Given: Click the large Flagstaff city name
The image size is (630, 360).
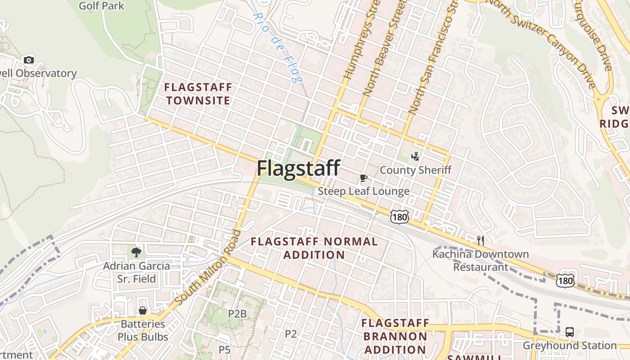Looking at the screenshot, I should pyautogui.click(x=298, y=168).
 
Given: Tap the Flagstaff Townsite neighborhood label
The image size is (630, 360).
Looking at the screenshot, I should pyautogui.click(x=198, y=94).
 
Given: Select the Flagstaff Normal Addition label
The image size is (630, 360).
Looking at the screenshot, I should pyautogui.click(x=314, y=248).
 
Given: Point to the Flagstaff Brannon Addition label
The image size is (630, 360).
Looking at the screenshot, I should pyautogui.click(x=395, y=336).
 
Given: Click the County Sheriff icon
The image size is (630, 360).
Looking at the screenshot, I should pyautogui.click(x=415, y=157).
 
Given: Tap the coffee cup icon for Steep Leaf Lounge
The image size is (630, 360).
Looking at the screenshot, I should pyautogui.click(x=363, y=178).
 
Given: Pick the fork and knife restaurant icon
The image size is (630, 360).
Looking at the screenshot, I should pyautogui.click(x=481, y=241).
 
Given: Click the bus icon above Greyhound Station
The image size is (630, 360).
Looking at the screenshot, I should pyautogui.click(x=569, y=332).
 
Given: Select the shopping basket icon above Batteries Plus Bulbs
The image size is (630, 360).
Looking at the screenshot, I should pyautogui.click(x=143, y=310).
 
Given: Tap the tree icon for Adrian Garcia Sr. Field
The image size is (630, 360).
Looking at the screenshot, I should pyautogui.click(x=136, y=252).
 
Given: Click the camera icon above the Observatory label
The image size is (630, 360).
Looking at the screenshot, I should pyautogui.click(x=28, y=60).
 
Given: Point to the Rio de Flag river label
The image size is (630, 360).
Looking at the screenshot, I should pyautogui.click(x=277, y=47).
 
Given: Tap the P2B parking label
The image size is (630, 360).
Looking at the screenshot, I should pyautogui.click(x=237, y=314).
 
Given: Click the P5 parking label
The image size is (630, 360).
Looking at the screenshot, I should pyautogui.click(x=225, y=349).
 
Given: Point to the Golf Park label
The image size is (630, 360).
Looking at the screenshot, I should pyautogui.click(x=101, y=6).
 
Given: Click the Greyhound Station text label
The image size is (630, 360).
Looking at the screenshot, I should pyautogui.click(x=569, y=346).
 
